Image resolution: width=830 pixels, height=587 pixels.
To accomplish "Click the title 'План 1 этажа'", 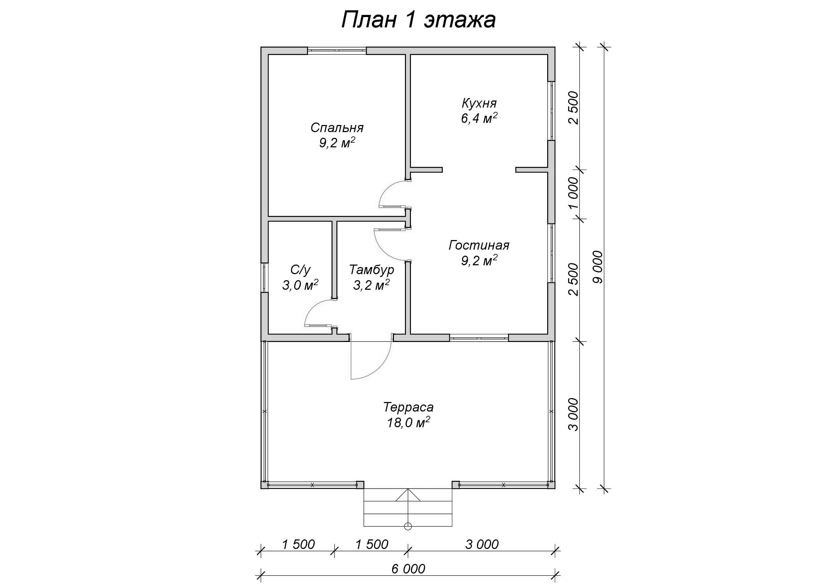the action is point(418,20).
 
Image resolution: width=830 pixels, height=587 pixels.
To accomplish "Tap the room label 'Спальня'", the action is point(337,128).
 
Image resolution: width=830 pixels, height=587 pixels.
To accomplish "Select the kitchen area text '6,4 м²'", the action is point(479,118).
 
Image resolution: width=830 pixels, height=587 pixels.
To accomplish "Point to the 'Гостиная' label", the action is point(479,245).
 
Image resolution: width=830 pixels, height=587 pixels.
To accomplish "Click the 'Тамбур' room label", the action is point(372,270).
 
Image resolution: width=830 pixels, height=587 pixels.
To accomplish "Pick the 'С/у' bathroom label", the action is point(301,270).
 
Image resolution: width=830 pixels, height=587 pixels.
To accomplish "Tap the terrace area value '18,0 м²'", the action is point(408,423).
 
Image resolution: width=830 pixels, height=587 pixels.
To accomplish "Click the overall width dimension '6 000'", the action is point(408,569).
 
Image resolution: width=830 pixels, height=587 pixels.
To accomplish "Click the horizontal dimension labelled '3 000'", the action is point(482,544).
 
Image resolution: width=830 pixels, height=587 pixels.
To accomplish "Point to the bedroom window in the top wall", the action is point(337,51).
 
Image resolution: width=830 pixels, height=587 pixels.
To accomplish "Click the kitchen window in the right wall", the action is point(551,111).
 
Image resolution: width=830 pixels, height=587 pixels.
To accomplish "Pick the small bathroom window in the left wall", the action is point(265,277).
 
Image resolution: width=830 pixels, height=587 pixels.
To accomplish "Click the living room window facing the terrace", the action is point(479,338).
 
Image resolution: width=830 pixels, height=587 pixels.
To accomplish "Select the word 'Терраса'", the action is point(408,407).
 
